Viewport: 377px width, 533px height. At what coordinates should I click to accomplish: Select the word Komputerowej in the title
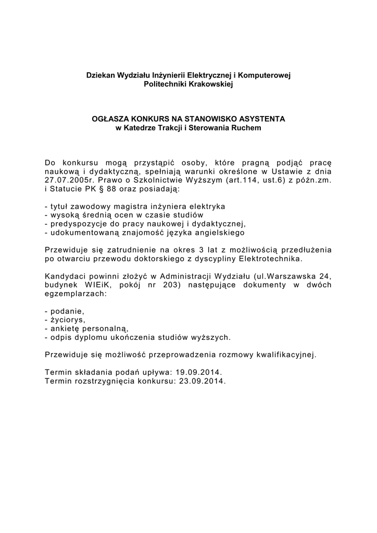tap(268, 75)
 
